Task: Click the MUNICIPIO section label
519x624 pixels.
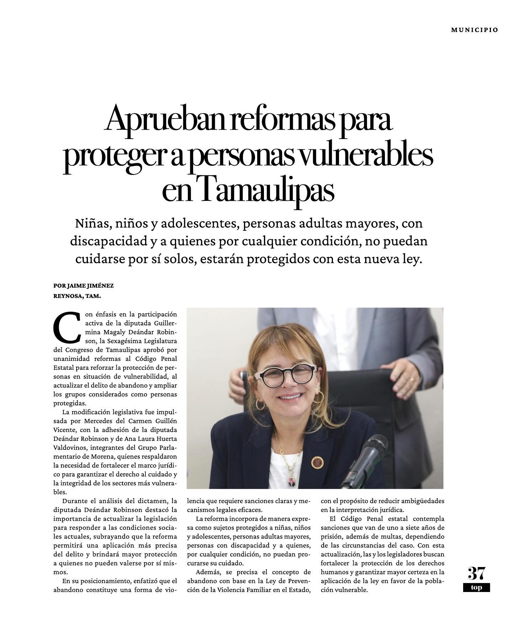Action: [474, 30]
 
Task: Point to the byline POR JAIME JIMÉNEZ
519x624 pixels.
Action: [83, 286]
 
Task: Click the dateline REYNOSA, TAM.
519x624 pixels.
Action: [77, 295]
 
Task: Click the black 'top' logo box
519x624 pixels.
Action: [476, 587]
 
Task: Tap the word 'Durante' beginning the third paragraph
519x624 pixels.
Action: [75, 501]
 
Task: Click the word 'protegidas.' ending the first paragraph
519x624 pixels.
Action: [70, 403]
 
